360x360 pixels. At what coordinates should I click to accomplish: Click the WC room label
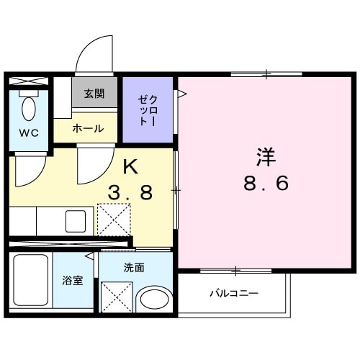click(29, 132)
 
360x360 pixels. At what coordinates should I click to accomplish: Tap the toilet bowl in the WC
click(30, 109)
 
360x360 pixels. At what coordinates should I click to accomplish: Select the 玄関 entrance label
click(94, 93)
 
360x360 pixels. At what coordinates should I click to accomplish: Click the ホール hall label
click(88, 128)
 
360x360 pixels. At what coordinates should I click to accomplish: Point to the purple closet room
click(148, 109)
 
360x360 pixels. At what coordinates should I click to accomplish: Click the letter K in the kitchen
click(130, 168)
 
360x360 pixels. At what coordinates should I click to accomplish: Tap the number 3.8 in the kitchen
click(130, 193)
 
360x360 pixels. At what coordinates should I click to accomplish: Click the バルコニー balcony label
click(234, 293)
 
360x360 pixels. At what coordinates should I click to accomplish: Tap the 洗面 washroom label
click(134, 268)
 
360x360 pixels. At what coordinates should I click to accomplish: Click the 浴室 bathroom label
click(73, 281)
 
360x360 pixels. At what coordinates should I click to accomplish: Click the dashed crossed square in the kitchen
click(114, 220)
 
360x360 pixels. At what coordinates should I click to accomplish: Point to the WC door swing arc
click(30, 169)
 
